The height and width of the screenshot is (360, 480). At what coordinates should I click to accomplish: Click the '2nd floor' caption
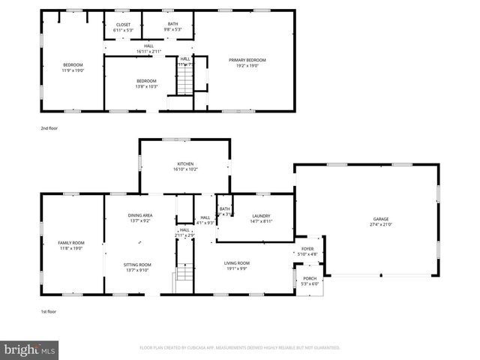(x=49, y=128)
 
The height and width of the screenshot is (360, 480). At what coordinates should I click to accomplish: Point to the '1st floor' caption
(x=49, y=311)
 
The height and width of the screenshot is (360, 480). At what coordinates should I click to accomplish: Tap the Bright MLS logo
(x=28, y=349)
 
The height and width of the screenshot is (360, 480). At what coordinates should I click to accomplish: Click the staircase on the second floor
(x=184, y=83)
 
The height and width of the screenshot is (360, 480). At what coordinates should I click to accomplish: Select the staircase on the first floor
(x=184, y=278)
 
